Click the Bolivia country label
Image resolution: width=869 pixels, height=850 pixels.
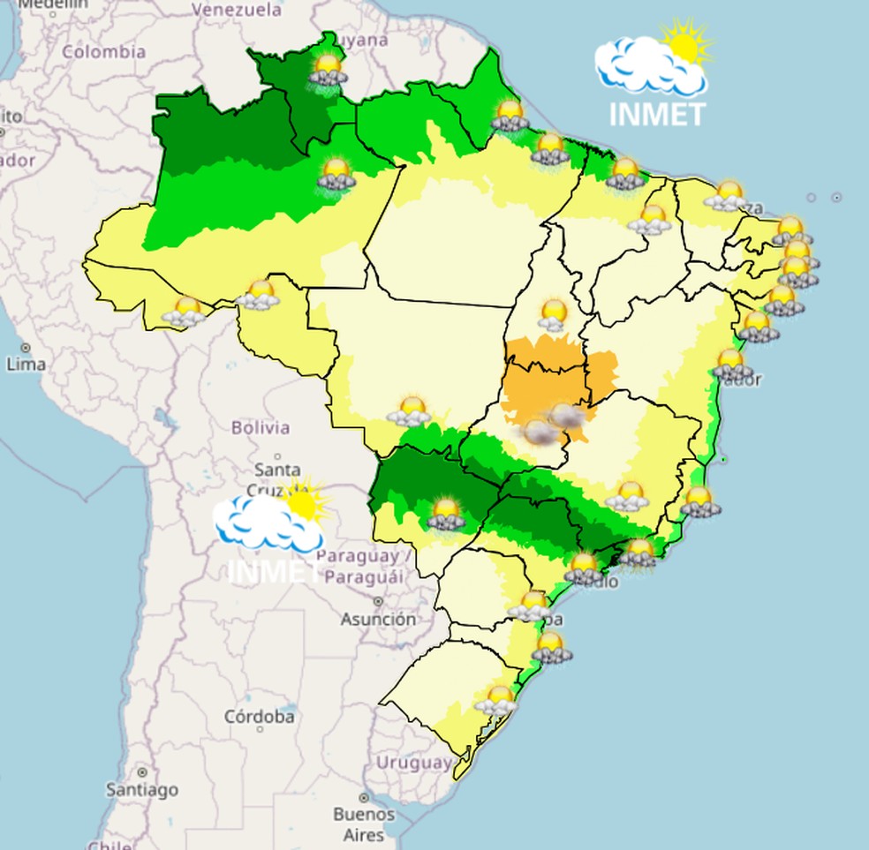[x=261, y=428]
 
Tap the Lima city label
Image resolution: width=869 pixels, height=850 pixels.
[x=26, y=364]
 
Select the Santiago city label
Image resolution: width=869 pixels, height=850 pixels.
[x=141, y=789]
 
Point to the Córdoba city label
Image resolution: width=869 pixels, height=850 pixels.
[x=259, y=717]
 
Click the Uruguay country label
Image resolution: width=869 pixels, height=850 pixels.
[x=414, y=762]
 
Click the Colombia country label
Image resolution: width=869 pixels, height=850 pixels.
[x=103, y=52]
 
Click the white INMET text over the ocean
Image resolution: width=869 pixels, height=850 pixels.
[x=658, y=115]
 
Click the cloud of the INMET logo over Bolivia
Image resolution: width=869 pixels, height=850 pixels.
[x=265, y=523]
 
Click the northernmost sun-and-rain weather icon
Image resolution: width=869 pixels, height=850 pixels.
[x=329, y=69]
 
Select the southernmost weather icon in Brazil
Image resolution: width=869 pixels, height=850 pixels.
[x=496, y=701]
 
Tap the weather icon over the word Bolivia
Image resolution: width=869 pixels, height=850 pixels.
[x=410, y=411]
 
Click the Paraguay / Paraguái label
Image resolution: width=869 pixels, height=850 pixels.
[x=363, y=566]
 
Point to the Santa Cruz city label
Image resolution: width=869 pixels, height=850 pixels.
[x=277, y=479]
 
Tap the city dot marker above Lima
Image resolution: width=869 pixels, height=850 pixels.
[x=26, y=348]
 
